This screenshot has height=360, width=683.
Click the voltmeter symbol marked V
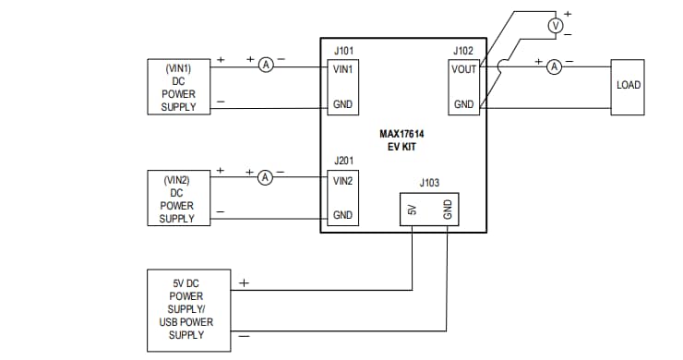555,26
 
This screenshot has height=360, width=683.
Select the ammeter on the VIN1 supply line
266,65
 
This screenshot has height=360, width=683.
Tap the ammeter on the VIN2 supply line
266,175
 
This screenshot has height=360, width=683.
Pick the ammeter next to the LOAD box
554,66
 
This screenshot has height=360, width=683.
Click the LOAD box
629,87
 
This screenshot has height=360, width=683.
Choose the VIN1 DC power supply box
179,87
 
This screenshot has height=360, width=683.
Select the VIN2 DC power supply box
177,198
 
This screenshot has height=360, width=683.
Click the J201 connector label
342,161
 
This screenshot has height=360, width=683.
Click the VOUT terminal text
463,68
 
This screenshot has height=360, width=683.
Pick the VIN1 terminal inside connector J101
343,68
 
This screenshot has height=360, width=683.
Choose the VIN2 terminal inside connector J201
343,180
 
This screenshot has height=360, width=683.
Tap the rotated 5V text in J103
413,211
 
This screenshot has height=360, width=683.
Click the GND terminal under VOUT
463,104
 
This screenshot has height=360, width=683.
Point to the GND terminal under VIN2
343,215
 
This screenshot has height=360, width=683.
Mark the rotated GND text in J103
448,211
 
